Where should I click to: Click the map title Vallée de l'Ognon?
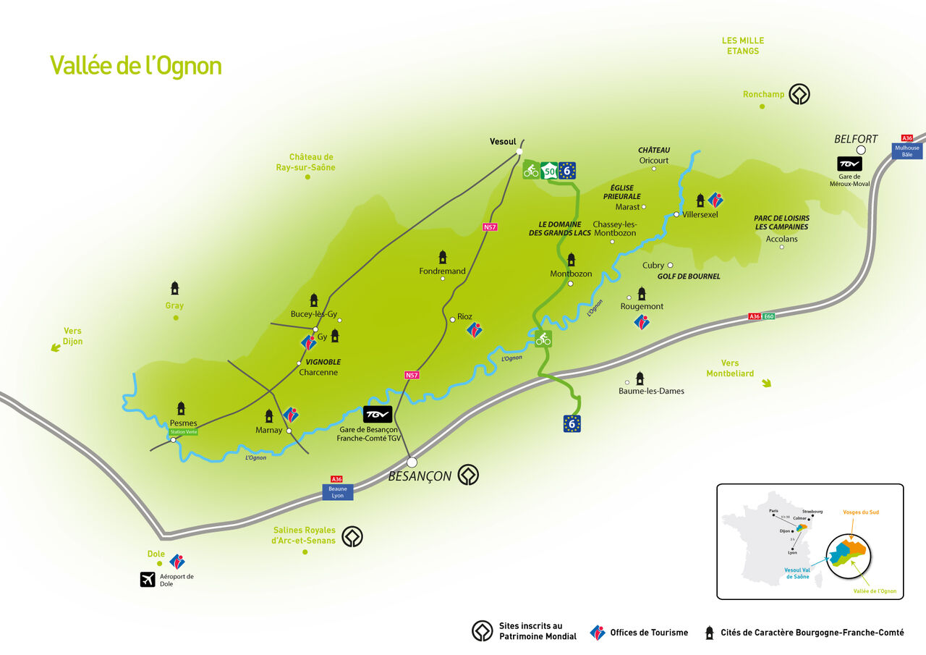135,66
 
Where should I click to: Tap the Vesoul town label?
503,142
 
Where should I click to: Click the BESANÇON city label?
420,476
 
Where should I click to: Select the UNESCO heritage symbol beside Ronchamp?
799,94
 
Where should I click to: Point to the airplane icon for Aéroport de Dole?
148,579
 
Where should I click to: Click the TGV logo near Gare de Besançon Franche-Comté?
377,415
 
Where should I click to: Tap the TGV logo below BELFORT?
849,164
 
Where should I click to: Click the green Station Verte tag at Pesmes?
182,432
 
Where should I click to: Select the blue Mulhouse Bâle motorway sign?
906,151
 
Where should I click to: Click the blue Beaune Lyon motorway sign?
337,492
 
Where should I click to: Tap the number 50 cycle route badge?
550,172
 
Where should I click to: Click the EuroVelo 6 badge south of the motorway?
572,423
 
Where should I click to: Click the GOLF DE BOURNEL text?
688,276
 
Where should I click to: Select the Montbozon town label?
571,274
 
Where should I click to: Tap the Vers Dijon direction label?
72,336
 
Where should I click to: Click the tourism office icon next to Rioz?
474,331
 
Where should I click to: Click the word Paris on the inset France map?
773,511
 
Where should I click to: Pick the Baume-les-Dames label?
651,391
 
